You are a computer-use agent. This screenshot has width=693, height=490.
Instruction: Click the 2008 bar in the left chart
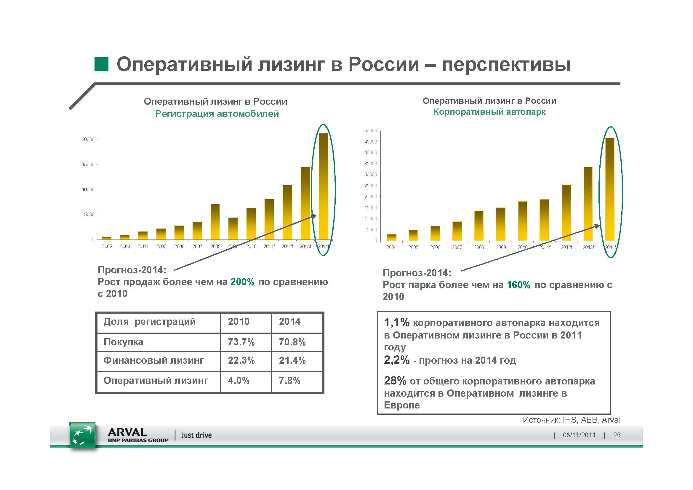pyautogui.click(x=215, y=222)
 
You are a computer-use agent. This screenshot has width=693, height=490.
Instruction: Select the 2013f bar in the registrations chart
pyautogui.click(x=305, y=203)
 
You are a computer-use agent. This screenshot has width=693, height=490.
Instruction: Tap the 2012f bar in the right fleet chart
pyautogui.click(x=566, y=213)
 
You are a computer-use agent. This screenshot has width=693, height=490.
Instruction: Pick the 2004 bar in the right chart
pyautogui.click(x=391, y=237)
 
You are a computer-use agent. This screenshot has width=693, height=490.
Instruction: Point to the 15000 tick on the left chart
pyautogui.click(x=88, y=165)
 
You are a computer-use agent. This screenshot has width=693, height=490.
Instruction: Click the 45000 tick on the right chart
pyautogui.click(x=371, y=142)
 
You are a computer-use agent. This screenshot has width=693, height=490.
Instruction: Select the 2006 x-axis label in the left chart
pyautogui.click(x=179, y=246)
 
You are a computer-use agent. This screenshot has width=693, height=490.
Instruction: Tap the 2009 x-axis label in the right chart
pyautogui.click(x=501, y=247)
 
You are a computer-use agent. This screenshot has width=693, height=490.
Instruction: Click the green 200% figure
pyautogui.click(x=242, y=282)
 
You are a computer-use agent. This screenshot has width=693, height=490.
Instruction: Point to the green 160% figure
pyautogui.click(x=518, y=285)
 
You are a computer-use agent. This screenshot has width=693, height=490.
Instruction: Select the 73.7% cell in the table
pyautogui.click(x=241, y=342)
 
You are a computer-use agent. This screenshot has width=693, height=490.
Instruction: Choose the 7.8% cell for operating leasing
pyautogui.click(x=289, y=381)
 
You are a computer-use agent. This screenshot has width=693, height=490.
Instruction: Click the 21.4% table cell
pyautogui.click(x=292, y=360)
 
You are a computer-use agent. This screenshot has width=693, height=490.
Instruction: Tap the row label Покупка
pyautogui.click(x=124, y=342)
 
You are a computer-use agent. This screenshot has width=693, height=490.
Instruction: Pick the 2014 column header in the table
pyautogui.click(x=289, y=322)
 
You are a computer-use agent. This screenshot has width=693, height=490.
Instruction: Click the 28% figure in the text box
pyautogui.click(x=395, y=381)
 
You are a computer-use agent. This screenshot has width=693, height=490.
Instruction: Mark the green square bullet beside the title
pyautogui.click(x=101, y=64)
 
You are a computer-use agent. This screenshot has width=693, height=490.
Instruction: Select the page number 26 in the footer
pyautogui.click(x=617, y=435)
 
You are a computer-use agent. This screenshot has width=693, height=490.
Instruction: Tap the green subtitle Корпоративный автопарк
pyautogui.click(x=489, y=112)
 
